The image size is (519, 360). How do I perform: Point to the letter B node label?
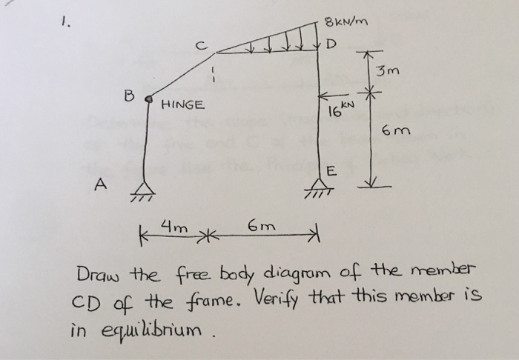(x=129, y=95)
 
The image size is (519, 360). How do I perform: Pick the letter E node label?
(x=331, y=173)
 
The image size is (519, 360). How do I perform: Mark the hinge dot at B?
(x=149, y=98)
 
